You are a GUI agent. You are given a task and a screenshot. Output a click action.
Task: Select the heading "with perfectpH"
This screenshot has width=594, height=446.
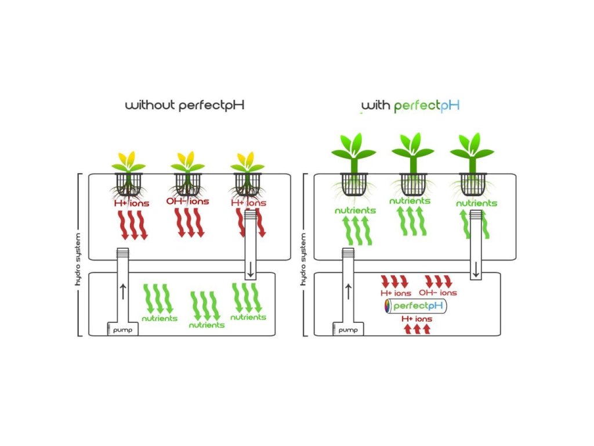pos(411,106)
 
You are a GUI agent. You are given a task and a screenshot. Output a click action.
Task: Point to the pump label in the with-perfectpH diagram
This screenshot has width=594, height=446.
pos(347,330)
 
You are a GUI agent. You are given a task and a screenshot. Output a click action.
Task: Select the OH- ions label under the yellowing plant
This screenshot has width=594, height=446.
pos(188,201)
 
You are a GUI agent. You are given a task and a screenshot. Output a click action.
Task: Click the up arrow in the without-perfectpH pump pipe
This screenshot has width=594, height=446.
pos(122,289)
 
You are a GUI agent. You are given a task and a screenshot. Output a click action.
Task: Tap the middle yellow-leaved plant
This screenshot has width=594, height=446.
pos(187,162)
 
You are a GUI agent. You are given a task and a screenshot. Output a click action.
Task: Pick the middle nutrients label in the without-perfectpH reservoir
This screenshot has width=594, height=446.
pos(207,325)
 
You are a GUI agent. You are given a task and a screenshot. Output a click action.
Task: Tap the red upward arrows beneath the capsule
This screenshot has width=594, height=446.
pos(416,329)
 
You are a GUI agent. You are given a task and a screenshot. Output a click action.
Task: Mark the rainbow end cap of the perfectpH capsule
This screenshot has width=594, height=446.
pos(388,306)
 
